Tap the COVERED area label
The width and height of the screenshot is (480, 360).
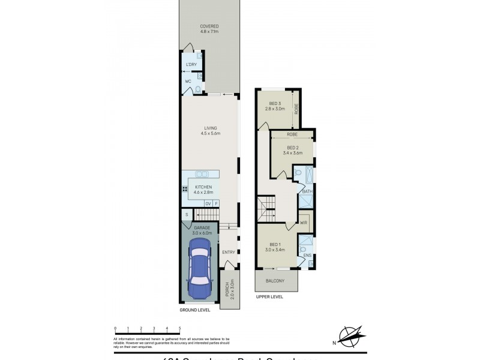(209, 26)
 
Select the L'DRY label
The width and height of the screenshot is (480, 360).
(191, 64)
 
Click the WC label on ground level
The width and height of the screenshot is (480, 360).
(188, 81)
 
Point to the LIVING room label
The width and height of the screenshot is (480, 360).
(210, 128)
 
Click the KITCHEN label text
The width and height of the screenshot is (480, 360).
(204, 187)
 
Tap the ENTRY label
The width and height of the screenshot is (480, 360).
(229, 252)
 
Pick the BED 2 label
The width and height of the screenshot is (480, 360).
(292, 148)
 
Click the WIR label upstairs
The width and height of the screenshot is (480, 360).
(304, 222)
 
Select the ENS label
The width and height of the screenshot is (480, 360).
(307, 256)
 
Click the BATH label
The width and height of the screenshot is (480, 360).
(307, 191)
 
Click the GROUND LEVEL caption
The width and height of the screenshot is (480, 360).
(195, 311)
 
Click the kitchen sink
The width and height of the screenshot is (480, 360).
(202, 174)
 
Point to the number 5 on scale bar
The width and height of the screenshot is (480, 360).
(180, 328)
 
